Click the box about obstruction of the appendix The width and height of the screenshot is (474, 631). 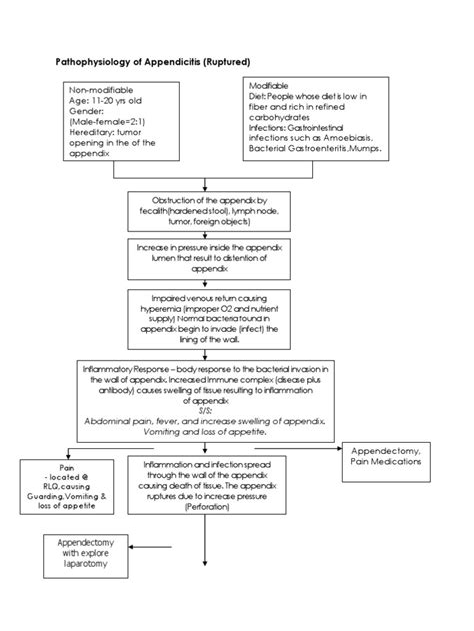pyautogui.click(x=204, y=212)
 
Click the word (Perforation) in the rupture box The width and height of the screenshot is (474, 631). pyautogui.click(x=204, y=506)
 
